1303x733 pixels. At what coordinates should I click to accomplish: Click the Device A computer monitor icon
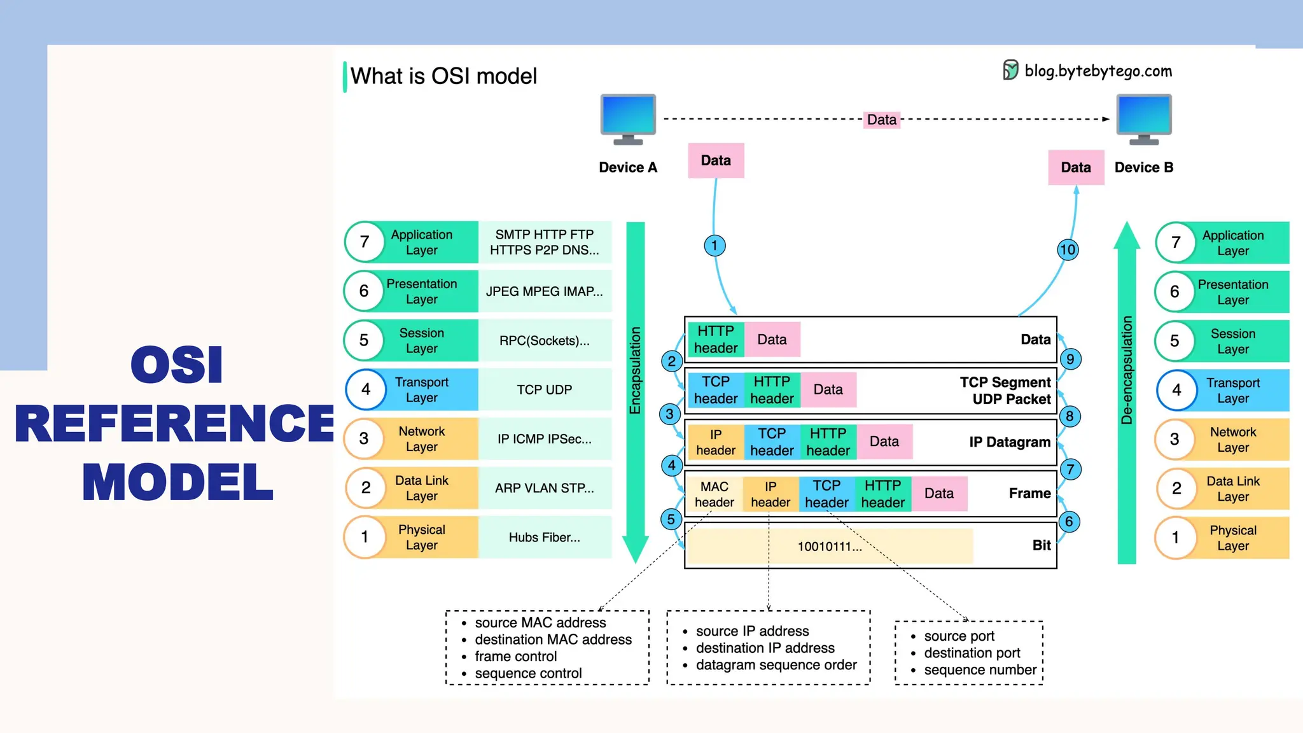pyautogui.click(x=628, y=118)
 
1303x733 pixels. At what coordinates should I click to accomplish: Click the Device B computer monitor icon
pyautogui.click(x=1143, y=118)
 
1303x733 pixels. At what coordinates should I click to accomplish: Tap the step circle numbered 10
pyautogui.click(x=1067, y=249)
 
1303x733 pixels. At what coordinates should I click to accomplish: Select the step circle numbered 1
pyautogui.click(x=714, y=246)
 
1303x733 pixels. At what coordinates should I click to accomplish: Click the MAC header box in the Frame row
pyautogui.click(x=714, y=494)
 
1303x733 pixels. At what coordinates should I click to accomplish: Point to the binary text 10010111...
pyautogui.click(x=830, y=547)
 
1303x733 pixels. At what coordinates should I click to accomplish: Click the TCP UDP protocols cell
pyautogui.click(x=544, y=389)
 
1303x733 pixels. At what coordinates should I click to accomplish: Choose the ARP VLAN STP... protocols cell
pyautogui.click(x=544, y=488)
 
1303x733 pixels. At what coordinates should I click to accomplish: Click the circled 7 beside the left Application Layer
pyautogui.click(x=365, y=242)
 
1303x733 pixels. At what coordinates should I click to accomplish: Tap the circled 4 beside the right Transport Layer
pyautogui.click(x=1176, y=390)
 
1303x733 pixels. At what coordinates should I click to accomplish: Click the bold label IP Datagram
pyautogui.click(x=1009, y=442)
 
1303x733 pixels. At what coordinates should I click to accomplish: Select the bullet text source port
pyautogui.click(x=959, y=636)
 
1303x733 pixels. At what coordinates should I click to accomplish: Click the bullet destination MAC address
pyautogui.click(x=553, y=639)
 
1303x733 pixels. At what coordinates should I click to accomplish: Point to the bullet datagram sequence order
pyautogui.click(x=776, y=665)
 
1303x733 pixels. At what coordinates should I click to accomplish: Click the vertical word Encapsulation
pyautogui.click(x=635, y=370)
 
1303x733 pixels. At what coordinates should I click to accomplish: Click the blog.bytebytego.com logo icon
pyautogui.click(x=1010, y=70)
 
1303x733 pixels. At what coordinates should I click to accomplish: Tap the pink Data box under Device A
pyautogui.click(x=716, y=160)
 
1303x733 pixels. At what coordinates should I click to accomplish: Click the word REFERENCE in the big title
pyautogui.click(x=174, y=424)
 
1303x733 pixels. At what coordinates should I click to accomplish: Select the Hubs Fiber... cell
pyautogui.click(x=544, y=538)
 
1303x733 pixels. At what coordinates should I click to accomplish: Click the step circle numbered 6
pyautogui.click(x=1069, y=522)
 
